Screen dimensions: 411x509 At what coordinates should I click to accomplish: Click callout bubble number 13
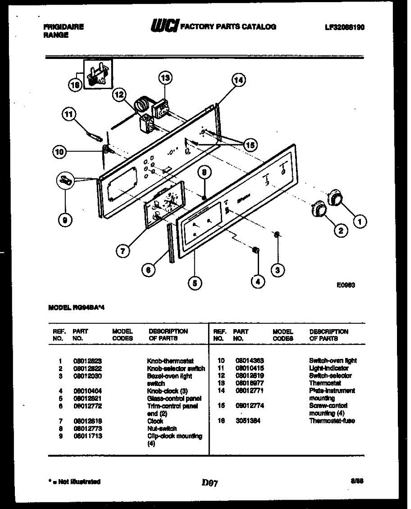click(x=165, y=78)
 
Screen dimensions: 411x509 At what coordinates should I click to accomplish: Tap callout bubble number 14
click(x=239, y=80)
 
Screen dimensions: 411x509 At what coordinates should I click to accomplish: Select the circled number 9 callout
click(x=65, y=219)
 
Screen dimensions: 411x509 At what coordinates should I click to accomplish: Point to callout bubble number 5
click(x=194, y=283)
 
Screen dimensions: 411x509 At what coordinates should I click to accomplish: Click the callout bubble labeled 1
click(x=360, y=221)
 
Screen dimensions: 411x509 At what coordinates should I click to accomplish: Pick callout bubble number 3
click(x=277, y=270)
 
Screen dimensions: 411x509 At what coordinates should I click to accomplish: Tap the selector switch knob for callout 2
click(x=318, y=209)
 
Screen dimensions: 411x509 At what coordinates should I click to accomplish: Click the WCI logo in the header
click(x=165, y=26)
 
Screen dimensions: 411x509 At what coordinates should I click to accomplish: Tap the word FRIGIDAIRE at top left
click(x=64, y=27)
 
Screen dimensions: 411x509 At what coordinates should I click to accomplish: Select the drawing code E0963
click(x=346, y=285)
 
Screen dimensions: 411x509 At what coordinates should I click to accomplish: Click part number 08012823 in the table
click(x=87, y=361)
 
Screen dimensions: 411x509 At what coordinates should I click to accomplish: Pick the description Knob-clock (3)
click(x=167, y=391)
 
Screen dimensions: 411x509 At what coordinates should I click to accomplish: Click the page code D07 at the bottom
click(x=210, y=483)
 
